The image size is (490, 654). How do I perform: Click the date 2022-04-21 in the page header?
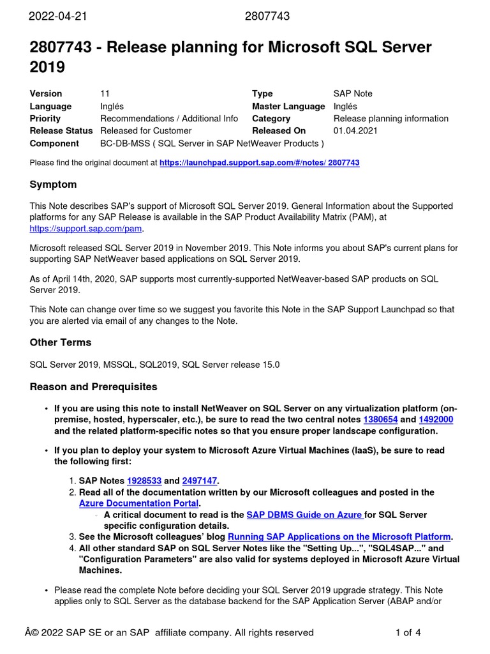(x=57, y=17)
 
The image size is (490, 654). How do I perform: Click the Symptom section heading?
(x=53, y=185)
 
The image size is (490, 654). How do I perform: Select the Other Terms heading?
(x=60, y=342)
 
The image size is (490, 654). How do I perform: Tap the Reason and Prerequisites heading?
(x=93, y=387)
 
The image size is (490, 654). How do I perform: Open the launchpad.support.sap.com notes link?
(x=259, y=163)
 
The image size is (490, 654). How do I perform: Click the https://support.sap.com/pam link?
(x=86, y=228)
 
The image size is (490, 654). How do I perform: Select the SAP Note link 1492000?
(x=436, y=420)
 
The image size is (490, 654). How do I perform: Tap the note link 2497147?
(x=200, y=481)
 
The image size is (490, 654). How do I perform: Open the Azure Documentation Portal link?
(x=139, y=503)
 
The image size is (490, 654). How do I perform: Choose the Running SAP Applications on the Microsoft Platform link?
(x=339, y=536)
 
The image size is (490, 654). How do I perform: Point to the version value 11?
(x=105, y=94)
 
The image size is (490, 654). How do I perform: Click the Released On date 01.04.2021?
(x=355, y=131)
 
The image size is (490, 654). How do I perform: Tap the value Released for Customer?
(x=145, y=131)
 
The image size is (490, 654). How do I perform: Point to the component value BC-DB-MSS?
(x=125, y=143)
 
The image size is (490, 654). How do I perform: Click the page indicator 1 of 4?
(x=408, y=633)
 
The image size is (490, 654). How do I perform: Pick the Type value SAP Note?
(x=353, y=94)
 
